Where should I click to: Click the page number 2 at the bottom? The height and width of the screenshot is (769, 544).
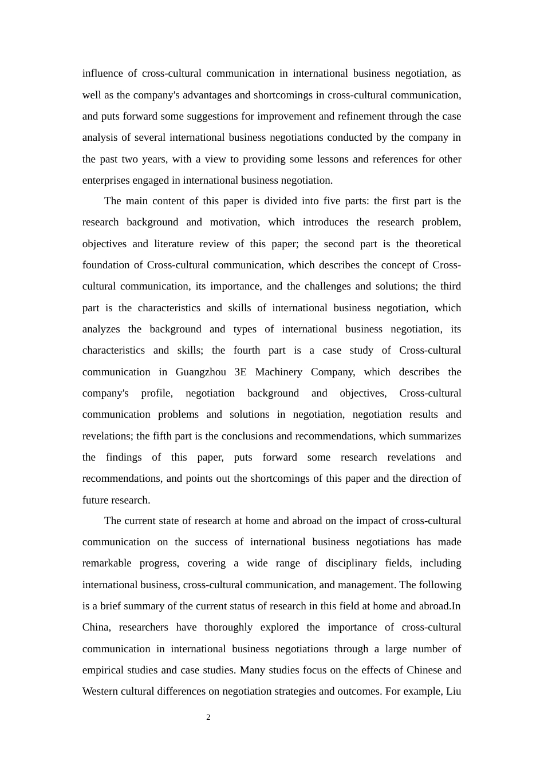(x=208, y=718)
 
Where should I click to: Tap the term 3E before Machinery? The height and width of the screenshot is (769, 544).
(x=241, y=372)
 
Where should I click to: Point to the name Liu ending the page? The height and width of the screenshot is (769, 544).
(x=454, y=691)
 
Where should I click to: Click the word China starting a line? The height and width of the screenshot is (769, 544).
(x=96, y=627)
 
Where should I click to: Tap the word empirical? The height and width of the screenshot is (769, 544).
(x=104, y=670)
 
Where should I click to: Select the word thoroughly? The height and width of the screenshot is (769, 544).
(x=228, y=627)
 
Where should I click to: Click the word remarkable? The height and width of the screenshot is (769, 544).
(x=107, y=563)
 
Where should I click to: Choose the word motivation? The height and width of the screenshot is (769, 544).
(x=235, y=222)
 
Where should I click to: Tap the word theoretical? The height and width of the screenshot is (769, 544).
(x=438, y=244)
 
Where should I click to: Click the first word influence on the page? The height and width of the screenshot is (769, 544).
(x=103, y=73)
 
